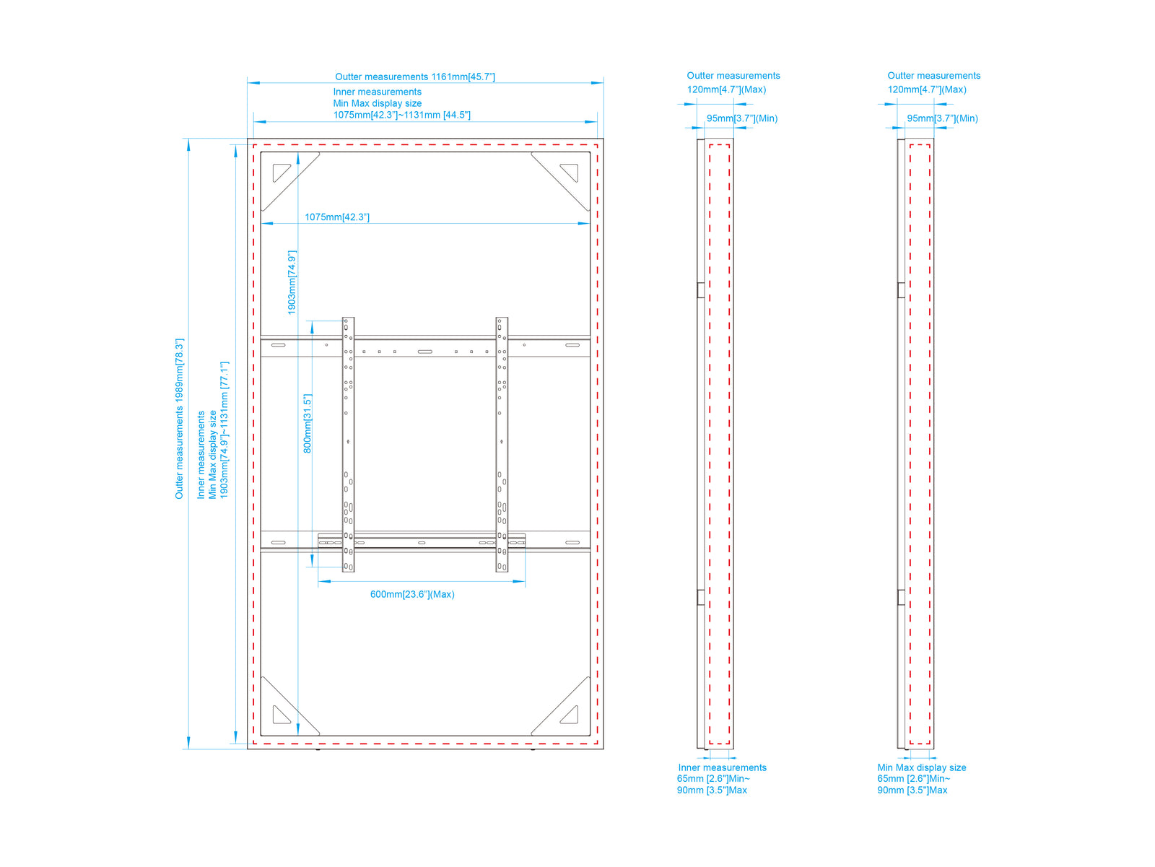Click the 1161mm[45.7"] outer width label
463,77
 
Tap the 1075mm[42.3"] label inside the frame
337,217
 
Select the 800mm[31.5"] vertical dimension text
308,424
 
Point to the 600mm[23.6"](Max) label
412,594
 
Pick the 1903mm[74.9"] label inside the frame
292,283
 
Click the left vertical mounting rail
348,444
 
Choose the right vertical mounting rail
502,444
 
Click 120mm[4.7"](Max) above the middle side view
726,90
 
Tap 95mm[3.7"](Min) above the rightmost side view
943,118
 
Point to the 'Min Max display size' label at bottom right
921,767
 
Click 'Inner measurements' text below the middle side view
722,767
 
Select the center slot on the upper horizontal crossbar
424,352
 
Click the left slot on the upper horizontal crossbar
279,345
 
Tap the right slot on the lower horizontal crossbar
572,542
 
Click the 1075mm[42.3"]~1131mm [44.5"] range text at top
401,115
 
